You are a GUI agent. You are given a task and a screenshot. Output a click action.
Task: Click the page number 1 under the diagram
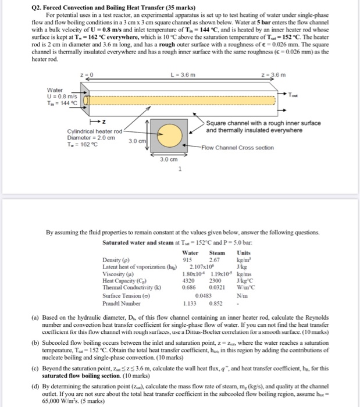pyautogui.click(x=180, y=169)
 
